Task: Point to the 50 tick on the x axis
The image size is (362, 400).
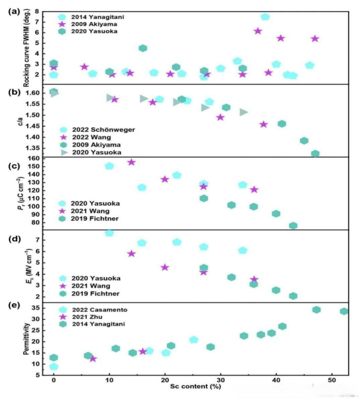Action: point(332,380)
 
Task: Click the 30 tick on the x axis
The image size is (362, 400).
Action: point(221,380)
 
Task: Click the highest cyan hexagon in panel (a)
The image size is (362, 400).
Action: point(265,17)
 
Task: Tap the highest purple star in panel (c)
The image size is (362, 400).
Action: point(132,162)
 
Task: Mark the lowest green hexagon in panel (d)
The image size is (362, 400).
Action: point(293,296)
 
